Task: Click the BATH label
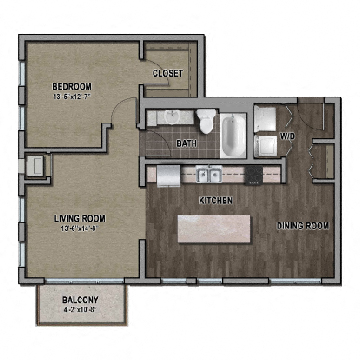185,144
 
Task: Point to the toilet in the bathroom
206,120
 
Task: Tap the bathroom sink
167,118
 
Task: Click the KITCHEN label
216,201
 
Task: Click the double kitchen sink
210,176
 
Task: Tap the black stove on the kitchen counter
256,176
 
